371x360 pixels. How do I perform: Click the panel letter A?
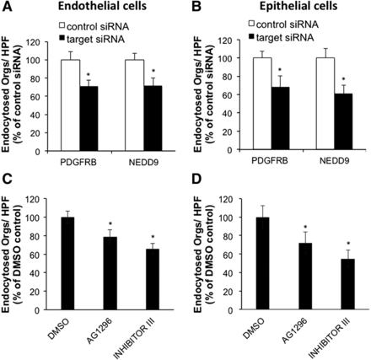[x=7, y=8]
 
